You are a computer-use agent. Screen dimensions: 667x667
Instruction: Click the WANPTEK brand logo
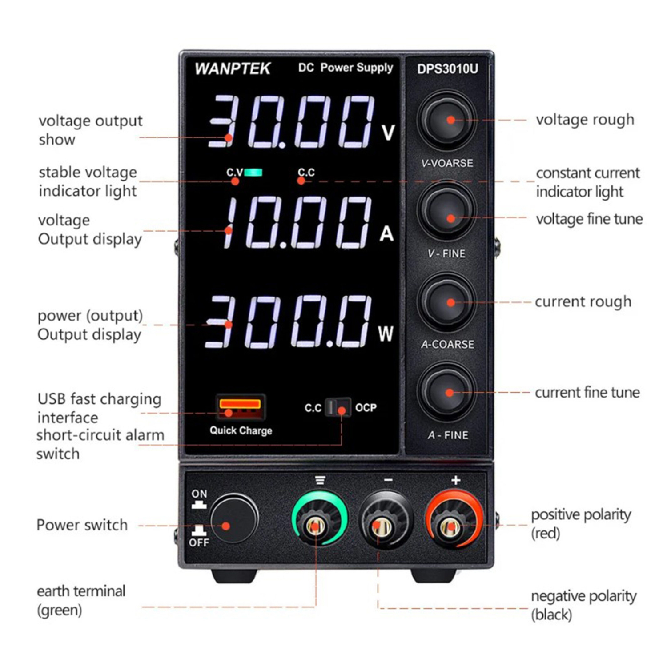coord(233,68)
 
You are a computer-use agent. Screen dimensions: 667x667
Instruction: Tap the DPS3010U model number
coord(447,69)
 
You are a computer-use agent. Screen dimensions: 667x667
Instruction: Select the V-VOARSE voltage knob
coord(447,121)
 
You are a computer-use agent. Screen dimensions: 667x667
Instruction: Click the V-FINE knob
coord(447,211)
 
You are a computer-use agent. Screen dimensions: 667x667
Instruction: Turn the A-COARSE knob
coord(447,302)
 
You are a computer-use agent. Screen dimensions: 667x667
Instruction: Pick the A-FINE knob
coord(447,393)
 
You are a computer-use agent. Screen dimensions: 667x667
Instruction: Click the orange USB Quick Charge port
coord(240,407)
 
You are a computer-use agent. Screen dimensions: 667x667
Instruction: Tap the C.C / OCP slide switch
coord(338,407)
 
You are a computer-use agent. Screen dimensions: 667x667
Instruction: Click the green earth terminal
coord(319,518)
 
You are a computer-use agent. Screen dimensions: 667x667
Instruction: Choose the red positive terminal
coord(454,518)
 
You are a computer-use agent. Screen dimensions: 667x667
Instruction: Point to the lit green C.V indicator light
coord(253,172)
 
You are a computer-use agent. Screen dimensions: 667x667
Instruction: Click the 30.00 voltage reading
coord(291,121)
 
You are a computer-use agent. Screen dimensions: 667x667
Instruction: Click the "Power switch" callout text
coord(82,525)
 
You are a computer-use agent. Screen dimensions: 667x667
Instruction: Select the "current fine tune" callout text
coord(587,392)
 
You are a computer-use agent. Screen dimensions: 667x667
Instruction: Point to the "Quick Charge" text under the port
coord(241,430)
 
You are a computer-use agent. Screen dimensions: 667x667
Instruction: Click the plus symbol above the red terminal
coord(456,480)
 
